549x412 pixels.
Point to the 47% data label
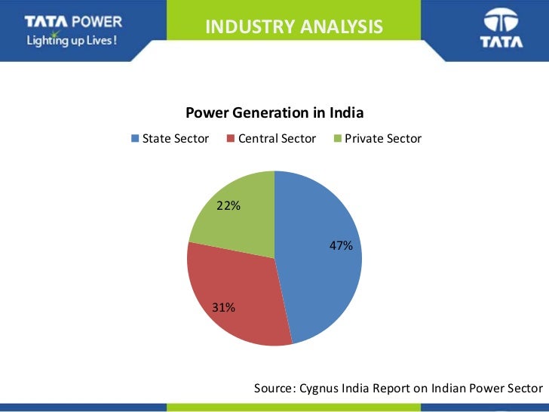(x=341, y=245)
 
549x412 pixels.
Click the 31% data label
(x=223, y=308)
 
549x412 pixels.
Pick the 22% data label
(x=228, y=204)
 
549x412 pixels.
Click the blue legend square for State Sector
(x=135, y=139)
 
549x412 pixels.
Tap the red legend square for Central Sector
(x=231, y=139)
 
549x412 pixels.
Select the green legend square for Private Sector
(x=337, y=139)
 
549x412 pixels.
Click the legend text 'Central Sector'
(x=277, y=139)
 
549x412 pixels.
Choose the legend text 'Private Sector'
(x=383, y=139)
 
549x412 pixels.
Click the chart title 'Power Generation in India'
(x=274, y=113)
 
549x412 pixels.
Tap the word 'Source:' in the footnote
(x=275, y=388)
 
